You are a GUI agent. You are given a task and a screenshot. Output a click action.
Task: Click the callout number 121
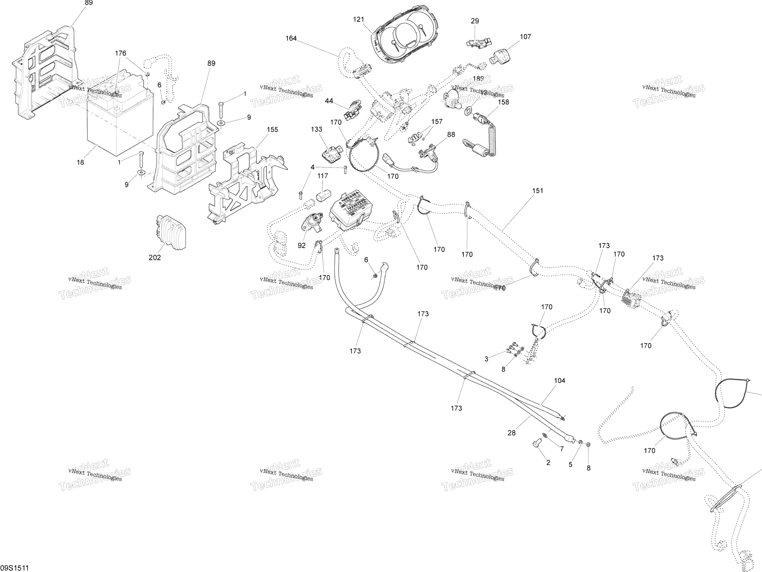click(359, 19)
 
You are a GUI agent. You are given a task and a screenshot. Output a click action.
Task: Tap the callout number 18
click(80, 162)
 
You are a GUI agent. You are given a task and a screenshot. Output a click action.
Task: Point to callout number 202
click(155, 257)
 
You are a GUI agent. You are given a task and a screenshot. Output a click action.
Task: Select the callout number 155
click(272, 130)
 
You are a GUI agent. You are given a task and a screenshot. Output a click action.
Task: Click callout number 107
click(525, 36)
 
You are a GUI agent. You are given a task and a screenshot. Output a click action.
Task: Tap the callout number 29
click(475, 21)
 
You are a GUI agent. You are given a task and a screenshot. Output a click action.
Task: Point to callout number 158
click(503, 102)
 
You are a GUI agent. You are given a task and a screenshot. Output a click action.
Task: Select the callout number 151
click(538, 191)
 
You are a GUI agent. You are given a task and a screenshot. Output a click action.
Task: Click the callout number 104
click(560, 381)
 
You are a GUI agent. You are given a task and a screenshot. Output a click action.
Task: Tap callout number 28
click(512, 433)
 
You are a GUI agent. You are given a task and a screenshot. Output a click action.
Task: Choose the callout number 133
click(317, 129)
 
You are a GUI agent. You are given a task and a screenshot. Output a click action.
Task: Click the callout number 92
click(301, 245)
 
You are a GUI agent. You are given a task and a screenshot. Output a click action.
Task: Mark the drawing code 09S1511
click(15, 568)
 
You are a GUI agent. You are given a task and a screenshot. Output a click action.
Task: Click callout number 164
click(291, 38)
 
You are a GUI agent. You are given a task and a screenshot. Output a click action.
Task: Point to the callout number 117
click(323, 175)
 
